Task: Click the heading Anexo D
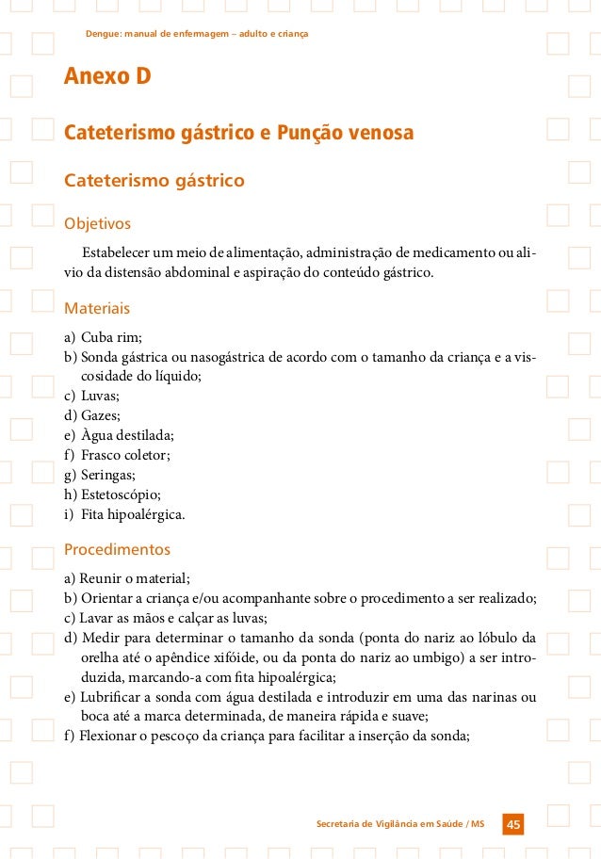click(107, 75)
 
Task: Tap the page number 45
click(513, 824)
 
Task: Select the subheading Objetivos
click(96, 224)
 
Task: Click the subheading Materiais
click(96, 308)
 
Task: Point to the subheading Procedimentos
click(117, 548)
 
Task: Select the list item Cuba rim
click(110, 337)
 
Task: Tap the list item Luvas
click(100, 396)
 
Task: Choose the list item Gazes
click(101, 415)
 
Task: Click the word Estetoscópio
click(122, 494)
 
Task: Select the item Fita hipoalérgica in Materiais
click(133, 514)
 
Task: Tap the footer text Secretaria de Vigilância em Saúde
click(395, 824)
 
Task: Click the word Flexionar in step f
click(109, 737)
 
